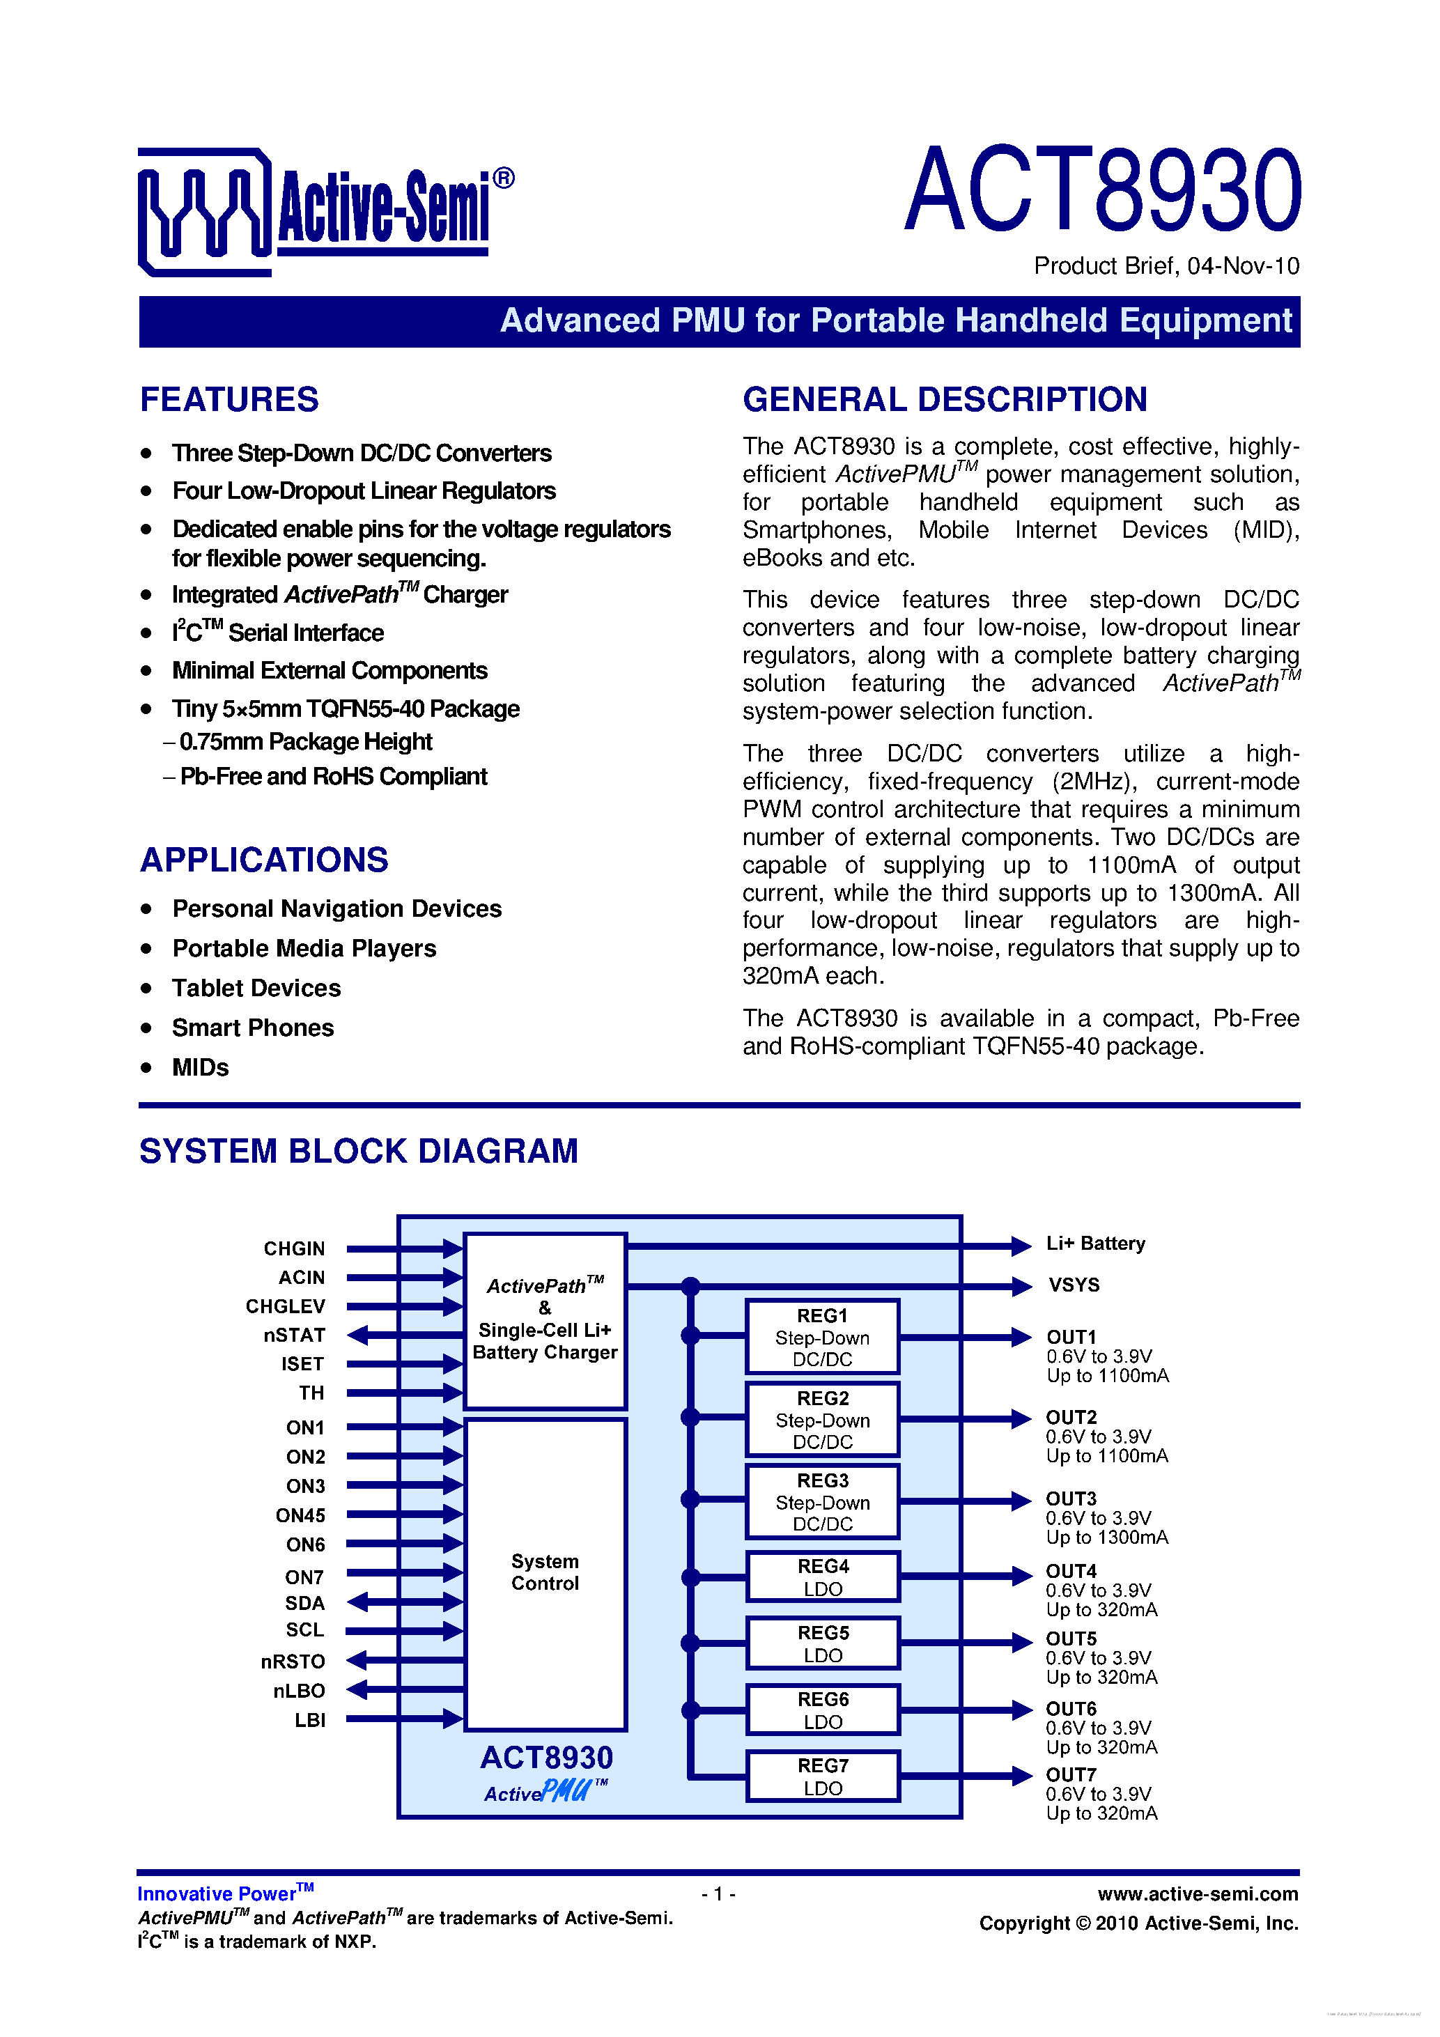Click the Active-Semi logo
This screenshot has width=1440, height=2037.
pyautogui.click(x=325, y=211)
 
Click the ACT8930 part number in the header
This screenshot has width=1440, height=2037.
pyautogui.click(x=1102, y=191)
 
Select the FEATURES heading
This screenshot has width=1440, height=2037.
pyautogui.click(x=229, y=400)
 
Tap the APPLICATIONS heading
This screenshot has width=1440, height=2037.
pyautogui.click(x=265, y=860)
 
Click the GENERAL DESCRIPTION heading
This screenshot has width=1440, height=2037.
pyautogui.click(x=945, y=400)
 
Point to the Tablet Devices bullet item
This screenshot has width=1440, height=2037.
pyautogui.click(x=256, y=989)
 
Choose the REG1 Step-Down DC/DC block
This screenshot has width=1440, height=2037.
pyautogui.click(x=823, y=1337)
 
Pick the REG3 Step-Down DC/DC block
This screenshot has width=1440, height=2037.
pyautogui.click(x=823, y=1502)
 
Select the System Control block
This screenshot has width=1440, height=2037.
pyautogui.click(x=545, y=1572)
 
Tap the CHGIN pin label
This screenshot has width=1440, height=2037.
pyautogui.click(x=295, y=1249)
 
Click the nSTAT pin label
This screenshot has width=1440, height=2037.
pyautogui.click(x=295, y=1335)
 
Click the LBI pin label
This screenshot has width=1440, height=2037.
pyautogui.click(x=309, y=1720)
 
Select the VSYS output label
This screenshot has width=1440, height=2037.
pyautogui.click(x=1074, y=1285)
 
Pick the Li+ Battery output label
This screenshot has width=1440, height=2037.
pyautogui.click(x=1096, y=1244)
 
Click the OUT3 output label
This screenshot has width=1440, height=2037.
pyautogui.click(x=1071, y=1498)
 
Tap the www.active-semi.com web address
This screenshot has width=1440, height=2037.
pyautogui.click(x=1198, y=1894)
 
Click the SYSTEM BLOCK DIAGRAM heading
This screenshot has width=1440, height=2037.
pyautogui.click(x=359, y=1152)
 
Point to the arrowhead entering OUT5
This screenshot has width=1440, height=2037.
pyautogui.click(x=1021, y=1642)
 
